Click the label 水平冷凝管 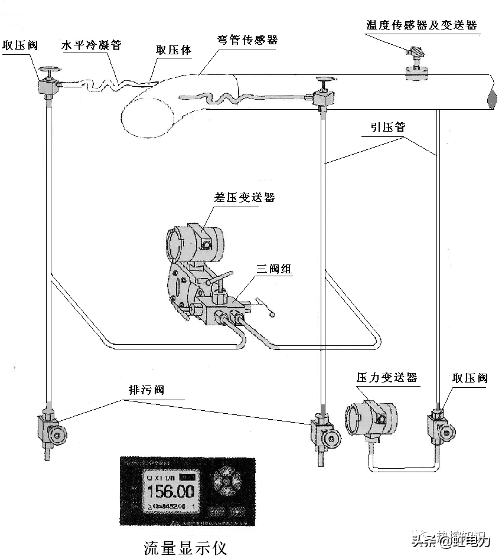[x=92, y=45]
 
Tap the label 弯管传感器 [x=247, y=41]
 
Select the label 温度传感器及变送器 [x=422, y=25]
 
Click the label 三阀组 [x=273, y=269]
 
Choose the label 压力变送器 [x=387, y=377]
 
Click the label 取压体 [x=174, y=50]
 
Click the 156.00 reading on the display [x=170, y=491]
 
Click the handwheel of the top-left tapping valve [x=47, y=71]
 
